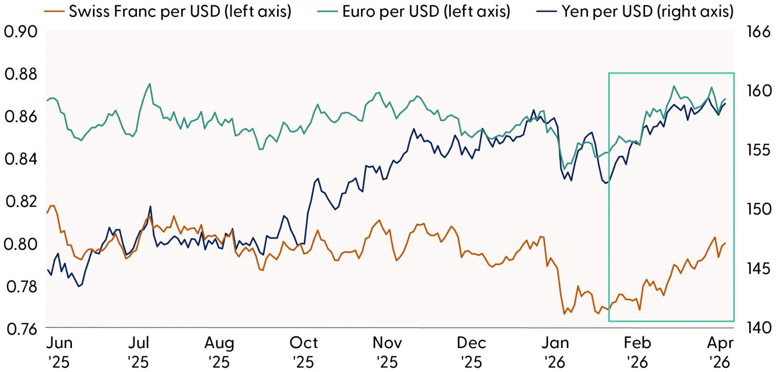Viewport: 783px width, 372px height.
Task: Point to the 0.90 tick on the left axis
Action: point(21,32)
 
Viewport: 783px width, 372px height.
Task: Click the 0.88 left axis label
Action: point(21,75)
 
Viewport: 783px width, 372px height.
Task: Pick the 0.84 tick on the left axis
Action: point(21,159)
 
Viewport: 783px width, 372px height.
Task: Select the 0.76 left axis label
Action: point(21,328)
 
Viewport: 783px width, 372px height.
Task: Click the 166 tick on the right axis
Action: point(758,32)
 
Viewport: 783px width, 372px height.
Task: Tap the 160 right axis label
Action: point(758,91)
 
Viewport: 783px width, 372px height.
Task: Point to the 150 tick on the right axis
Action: point(758,209)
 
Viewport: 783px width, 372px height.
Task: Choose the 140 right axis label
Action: point(758,328)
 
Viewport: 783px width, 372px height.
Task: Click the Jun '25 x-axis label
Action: point(59,352)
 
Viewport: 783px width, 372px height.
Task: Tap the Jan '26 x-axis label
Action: point(555,352)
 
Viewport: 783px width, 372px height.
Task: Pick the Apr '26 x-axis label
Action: point(720,352)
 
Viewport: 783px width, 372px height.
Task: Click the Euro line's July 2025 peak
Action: point(149,84)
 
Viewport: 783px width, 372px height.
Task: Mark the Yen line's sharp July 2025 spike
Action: point(150,206)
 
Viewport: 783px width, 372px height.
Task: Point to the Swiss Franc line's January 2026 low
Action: point(564,313)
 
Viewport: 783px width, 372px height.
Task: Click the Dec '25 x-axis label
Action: point(471,352)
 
